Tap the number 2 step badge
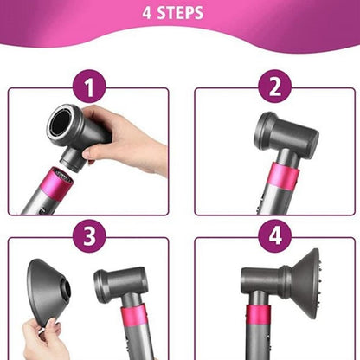[271, 88]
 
